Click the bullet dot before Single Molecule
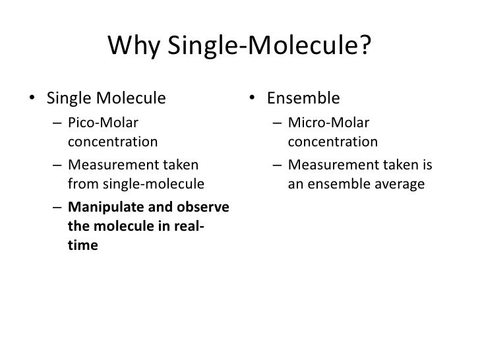32,100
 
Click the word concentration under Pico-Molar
113,142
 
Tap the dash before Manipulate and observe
57,206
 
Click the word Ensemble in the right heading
303,100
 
